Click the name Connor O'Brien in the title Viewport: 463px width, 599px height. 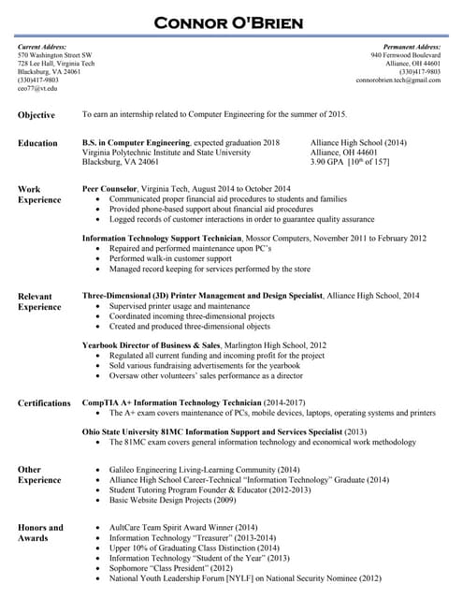pyautogui.click(x=231, y=22)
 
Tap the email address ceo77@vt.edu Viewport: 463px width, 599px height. pyautogui.click(x=37, y=89)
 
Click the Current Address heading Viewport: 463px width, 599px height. pyautogui.click(x=43, y=47)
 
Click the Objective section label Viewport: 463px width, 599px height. pyautogui.click(x=36, y=115)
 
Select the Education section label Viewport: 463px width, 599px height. pyautogui.click(x=37, y=143)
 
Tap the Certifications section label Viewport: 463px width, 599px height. pyautogui.click(x=44, y=403)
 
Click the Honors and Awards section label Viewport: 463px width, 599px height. pyautogui.click(x=40, y=533)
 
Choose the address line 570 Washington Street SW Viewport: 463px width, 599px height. pyautogui.click(x=55, y=55)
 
